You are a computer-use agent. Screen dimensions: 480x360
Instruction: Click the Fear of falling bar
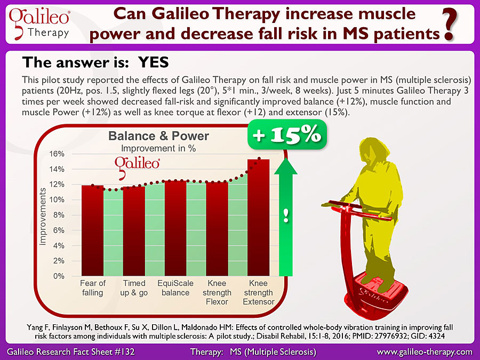coord(92,230)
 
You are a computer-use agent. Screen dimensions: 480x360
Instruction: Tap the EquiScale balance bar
coord(175,228)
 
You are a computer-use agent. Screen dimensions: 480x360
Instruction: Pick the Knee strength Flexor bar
coord(217,229)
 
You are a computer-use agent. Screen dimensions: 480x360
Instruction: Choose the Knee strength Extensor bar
coord(258,218)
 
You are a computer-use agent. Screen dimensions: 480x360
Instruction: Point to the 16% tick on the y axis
coord(57,154)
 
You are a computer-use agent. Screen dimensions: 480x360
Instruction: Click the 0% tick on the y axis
coord(59,276)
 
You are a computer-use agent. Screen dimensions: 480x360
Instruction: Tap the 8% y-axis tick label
coord(59,215)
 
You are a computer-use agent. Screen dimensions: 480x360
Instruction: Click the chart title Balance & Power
coord(158,136)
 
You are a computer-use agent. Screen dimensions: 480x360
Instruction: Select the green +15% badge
coord(287,135)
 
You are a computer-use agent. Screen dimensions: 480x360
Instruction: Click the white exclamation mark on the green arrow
coord(286,216)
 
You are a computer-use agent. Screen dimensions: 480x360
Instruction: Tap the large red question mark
coord(450,25)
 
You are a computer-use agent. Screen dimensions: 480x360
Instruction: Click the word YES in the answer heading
coord(154,62)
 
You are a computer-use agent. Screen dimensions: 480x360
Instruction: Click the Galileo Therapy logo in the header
coord(39,24)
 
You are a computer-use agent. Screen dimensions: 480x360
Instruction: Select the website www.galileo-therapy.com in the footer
coord(425,352)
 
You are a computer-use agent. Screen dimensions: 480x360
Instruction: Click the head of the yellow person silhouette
coord(375,151)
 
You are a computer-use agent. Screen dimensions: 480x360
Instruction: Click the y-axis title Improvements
coord(43,217)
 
